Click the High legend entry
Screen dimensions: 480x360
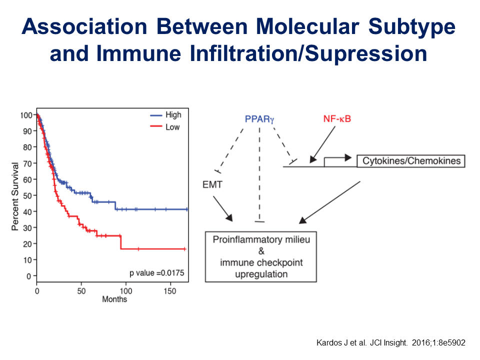tap(165, 115)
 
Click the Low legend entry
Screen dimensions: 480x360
tap(164, 126)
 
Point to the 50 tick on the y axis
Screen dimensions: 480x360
tap(27, 195)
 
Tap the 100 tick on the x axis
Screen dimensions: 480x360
tap(126, 291)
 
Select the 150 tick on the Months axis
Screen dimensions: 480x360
tap(170, 291)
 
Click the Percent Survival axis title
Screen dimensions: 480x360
tap(15, 196)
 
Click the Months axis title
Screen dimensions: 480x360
tap(114, 299)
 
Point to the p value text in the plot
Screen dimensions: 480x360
tap(156, 273)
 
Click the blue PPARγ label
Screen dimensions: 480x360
tap(259, 119)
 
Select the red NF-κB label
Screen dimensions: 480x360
tap(337, 119)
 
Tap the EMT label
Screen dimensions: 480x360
tap(212, 184)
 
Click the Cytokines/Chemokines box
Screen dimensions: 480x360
tap(411, 161)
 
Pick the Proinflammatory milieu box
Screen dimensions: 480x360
tap(261, 256)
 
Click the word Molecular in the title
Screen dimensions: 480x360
tap(307, 26)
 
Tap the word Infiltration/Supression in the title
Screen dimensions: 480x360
tap(308, 54)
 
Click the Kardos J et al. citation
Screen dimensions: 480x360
tap(391, 342)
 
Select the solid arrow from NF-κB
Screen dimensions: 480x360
tap(322, 144)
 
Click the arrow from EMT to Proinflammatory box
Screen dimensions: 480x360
tap(223, 209)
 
